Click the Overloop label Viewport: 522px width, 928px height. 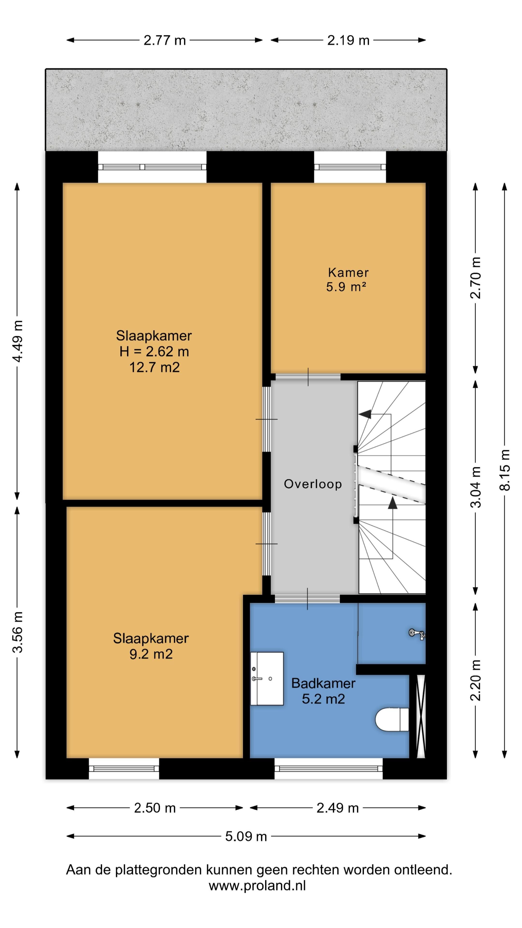pyautogui.click(x=313, y=484)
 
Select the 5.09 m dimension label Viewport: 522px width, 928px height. pyautogui.click(x=246, y=836)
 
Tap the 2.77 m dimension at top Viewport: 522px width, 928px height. pyautogui.click(x=165, y=40)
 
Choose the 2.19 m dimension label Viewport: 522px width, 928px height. pyautogui.click(x=348, y=40)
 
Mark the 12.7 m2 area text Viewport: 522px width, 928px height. pyautogui.click(x=155, y=367)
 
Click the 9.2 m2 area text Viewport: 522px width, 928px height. pyautogui.click(x=151, y=654)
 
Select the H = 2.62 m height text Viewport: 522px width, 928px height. pyautogui.click(x=154, y=351)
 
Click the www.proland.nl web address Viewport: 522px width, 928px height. pyautogui.click(x=257, y=885)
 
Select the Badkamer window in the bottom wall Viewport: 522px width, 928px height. pyautogui.click(x=329, y=768)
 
